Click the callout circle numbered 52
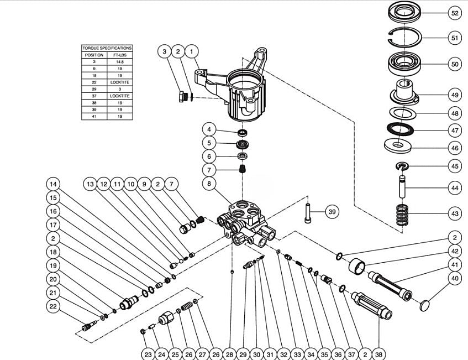click(454, 13)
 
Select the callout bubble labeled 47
click(454, 131)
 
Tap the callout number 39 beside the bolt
click(332, 212)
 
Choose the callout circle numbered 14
click(54, 184)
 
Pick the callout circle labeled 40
click(454, 279)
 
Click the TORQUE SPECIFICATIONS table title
click(107, 48)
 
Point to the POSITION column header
click(93, 55)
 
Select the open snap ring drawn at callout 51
click(406, 39)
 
